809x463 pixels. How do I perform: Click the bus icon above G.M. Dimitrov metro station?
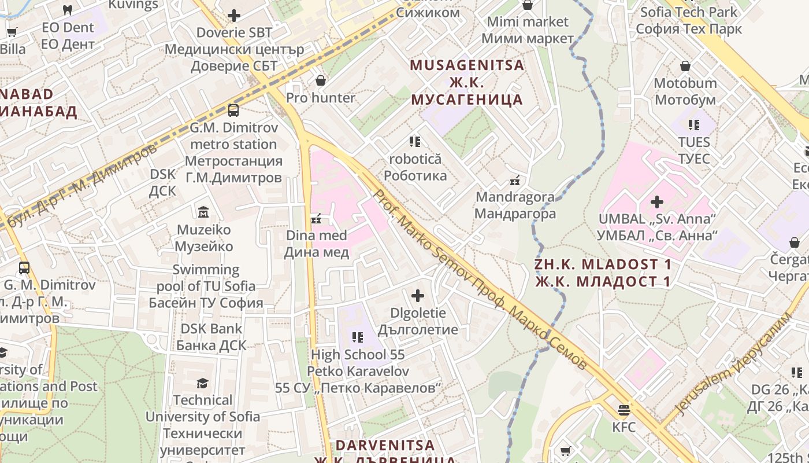point(233,110)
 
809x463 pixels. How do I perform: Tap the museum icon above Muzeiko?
point(203,212)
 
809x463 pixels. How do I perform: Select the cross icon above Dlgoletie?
point(418,296)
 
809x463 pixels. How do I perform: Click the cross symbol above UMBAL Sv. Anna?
point(657,202)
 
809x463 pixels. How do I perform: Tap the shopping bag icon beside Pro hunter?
point(321,80)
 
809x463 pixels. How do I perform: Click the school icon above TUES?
point(693,124)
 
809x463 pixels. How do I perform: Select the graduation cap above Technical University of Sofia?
point(202,383)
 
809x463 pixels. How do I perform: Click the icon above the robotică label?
point(415,141)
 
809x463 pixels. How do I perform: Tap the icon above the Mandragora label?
point(515,180)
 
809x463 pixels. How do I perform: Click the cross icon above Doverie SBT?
point(234,16)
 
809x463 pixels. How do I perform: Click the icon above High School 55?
point(358,337)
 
